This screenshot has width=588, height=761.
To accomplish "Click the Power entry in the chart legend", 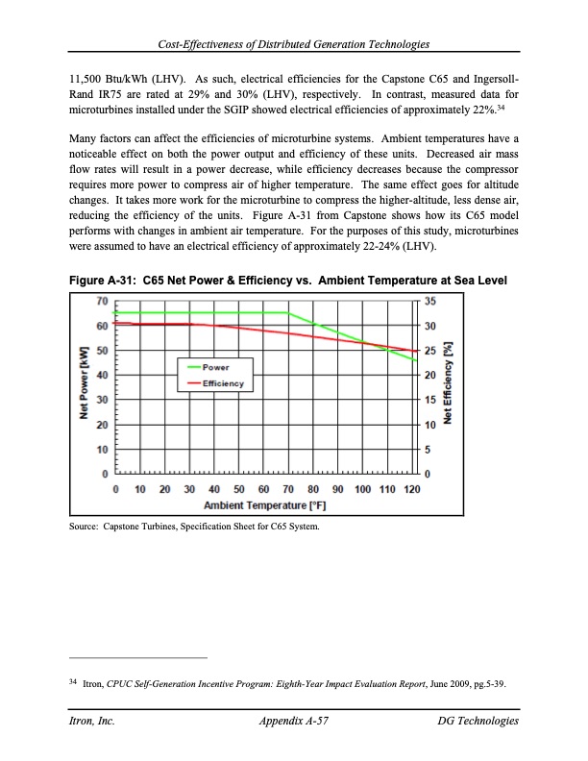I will [216, 368].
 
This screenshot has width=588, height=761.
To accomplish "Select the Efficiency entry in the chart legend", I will [223, 384].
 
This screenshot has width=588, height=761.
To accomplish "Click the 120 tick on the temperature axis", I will [412, 490].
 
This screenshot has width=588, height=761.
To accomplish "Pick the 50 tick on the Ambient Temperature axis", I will [238, 490].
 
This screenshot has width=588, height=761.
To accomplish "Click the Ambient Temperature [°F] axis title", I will [263, 504].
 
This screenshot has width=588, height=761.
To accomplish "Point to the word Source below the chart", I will [86, 527].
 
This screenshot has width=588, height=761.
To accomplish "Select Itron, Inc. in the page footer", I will [92, 721].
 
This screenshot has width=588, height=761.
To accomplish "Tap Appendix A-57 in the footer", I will [294, 721].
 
